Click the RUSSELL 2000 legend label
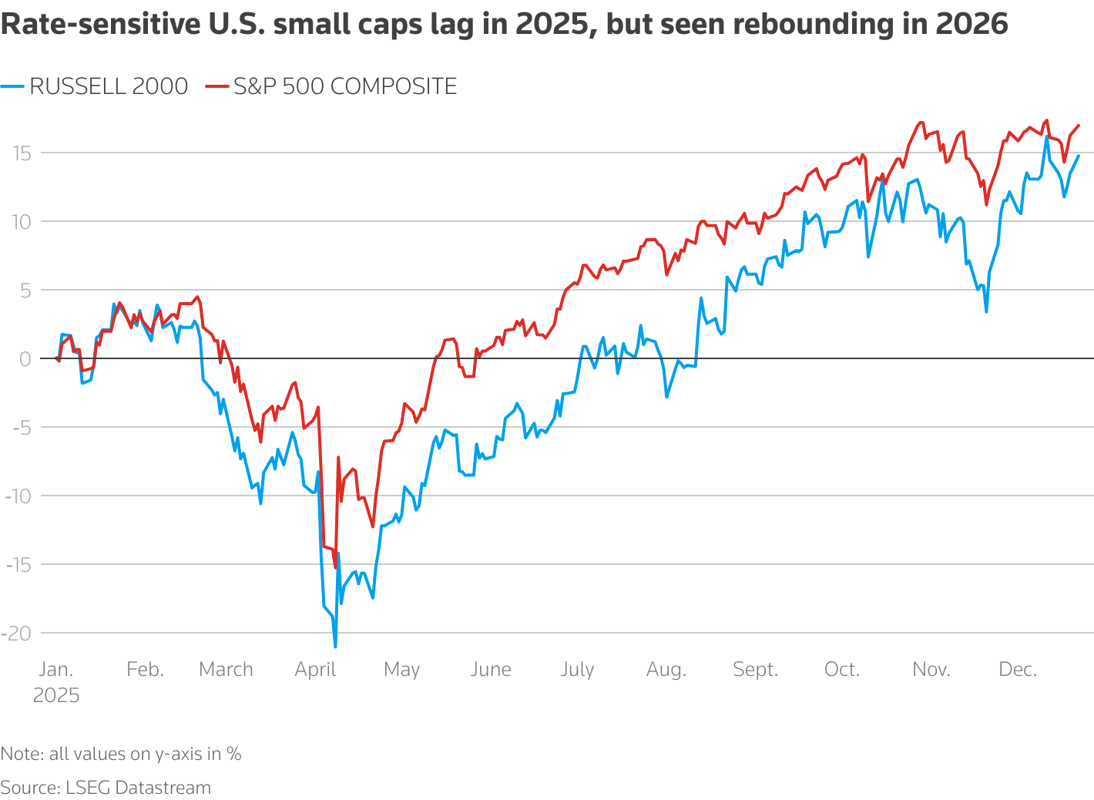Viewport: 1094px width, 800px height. pyautogui.click(x=108, y=86)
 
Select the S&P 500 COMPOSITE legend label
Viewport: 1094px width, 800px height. pyautogui.click(x=345, y=86)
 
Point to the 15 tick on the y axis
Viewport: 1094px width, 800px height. pyautogui.click(x=21, y=153)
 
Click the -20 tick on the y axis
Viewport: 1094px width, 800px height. pyautogui.click(x=16, y=633)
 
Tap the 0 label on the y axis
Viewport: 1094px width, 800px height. pyautogui.click(x=26, y=358)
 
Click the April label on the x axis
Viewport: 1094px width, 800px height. pyautogui.click(x=315, y=669)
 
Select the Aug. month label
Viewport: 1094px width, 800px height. pyautogui.click(x=666, y=669)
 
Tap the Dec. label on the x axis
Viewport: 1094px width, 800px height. pyautogui.click(x=1018, y=669)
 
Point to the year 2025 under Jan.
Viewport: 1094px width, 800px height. pyautogui.click(x=56, y=695)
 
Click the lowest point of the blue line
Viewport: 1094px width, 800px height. pyautogui.click(x=335, y=647)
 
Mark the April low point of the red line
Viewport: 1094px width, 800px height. pyautogui.click(x=335, y=568)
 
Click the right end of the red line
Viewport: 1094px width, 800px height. pyautogui.click(x=1079, y=125)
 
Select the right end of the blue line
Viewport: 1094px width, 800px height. pyautogui.click(x=1079, y=156)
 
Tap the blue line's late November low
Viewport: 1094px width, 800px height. pyautogui.click(x=986, y=311)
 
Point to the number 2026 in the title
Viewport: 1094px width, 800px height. pyautogui.click(x=972, y=25)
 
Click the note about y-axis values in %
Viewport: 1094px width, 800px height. pyautogui.click(x=121, y=754)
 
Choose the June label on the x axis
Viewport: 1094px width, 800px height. pyautogui.click(x=491, y=669)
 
